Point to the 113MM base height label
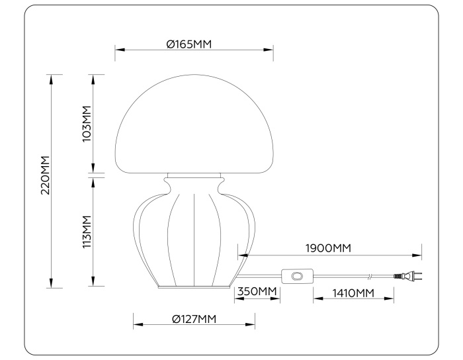(85, 231)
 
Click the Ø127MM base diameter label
(194, 320)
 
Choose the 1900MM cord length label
(327, 248)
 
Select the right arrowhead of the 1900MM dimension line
(418, 254)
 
